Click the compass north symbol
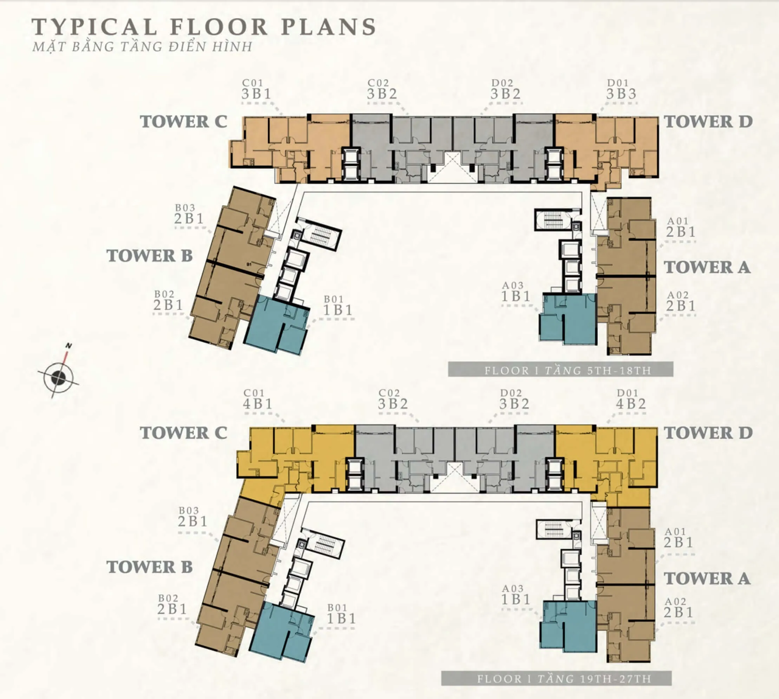(58, 377)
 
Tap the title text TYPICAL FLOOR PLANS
(204, 27)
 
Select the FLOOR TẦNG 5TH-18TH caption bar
(560, 370)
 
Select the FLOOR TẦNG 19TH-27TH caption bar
(556, 678)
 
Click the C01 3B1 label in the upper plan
(256, 89)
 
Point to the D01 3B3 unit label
(621, 89)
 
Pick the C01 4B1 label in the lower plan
(257, 399)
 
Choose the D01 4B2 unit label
(631, 399)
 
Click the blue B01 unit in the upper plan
(276, 325)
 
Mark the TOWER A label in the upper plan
(707, 267)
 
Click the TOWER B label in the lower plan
(150, 567)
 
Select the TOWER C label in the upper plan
(184, 122)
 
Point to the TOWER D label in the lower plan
(708, 433)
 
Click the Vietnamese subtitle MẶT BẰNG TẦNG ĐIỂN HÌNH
(142, 46)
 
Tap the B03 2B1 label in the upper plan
(189, 214)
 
